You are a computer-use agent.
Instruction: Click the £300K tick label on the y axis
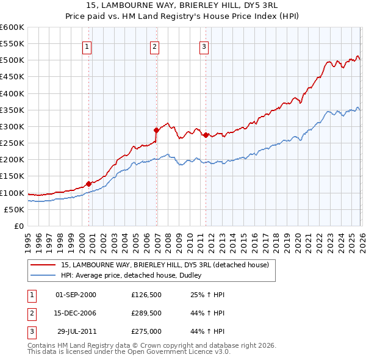[x=12, y=126]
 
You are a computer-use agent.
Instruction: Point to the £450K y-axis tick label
[x=12, y=77]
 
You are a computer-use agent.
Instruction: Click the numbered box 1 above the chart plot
[x=87, y=46]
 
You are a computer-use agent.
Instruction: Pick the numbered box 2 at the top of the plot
[x=154, y=46]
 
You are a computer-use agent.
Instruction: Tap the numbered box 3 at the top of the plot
[x=204, y=46]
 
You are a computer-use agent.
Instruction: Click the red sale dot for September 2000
[x=88, y=184]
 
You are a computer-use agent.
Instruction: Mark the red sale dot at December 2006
[x=156, y=130]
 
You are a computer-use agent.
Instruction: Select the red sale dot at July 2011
[x=206, y=135]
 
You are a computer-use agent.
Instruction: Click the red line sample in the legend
[x=43, y=265]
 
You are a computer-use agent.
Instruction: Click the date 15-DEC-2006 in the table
[x=76, y=313]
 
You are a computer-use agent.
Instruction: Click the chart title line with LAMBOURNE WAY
[x=183, y=7]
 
